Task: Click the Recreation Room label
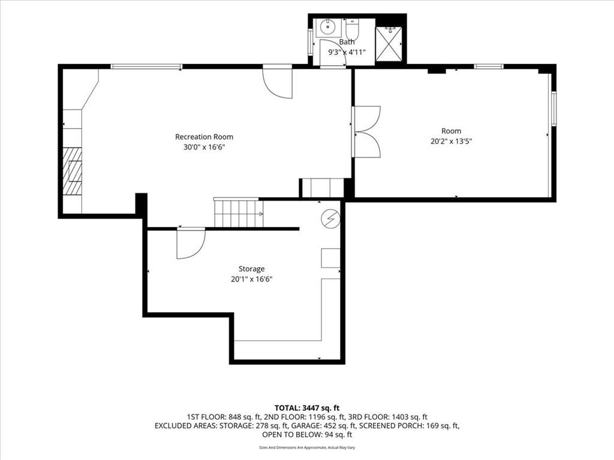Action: tap(204, 137)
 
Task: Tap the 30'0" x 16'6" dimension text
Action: tap(204, 147)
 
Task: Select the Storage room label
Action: tap(251, 269)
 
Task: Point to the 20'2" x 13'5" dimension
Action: tap(451, 141)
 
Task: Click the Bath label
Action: tap(347, 42)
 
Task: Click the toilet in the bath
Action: tap(352, 29)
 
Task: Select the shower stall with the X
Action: tap(389, 44)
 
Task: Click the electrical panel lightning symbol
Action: tap(330, 219)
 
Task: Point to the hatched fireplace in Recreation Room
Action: tap(73, 171)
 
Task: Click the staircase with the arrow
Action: tap(238, 214)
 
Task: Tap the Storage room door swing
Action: tap(191, 244)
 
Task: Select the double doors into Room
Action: tap(366, 132)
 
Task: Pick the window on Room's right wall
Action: tap(553, 108)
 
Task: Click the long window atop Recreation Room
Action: tap(146, 66)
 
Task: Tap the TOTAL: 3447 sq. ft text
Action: tap(307, 408)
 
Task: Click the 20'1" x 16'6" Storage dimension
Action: tap(251, 279)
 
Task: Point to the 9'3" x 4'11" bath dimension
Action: tap(347, 52)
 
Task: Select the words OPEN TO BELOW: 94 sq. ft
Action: tap(307, 435)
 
